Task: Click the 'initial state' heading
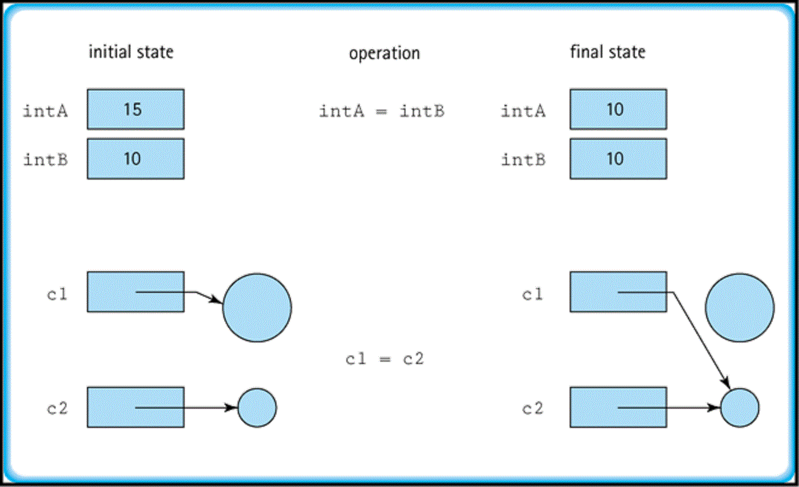131,52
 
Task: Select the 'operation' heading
384,53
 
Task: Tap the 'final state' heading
608,52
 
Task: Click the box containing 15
135,109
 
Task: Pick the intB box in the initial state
135,159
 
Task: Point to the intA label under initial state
45,111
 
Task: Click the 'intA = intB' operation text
381,111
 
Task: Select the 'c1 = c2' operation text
384,359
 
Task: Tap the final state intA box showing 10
618,109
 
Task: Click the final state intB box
618,159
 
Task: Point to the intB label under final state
523,160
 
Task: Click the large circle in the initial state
256,307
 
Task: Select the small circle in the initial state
257,408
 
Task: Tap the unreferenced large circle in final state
739,307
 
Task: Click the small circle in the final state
740,408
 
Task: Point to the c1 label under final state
532,295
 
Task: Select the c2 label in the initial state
57,409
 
